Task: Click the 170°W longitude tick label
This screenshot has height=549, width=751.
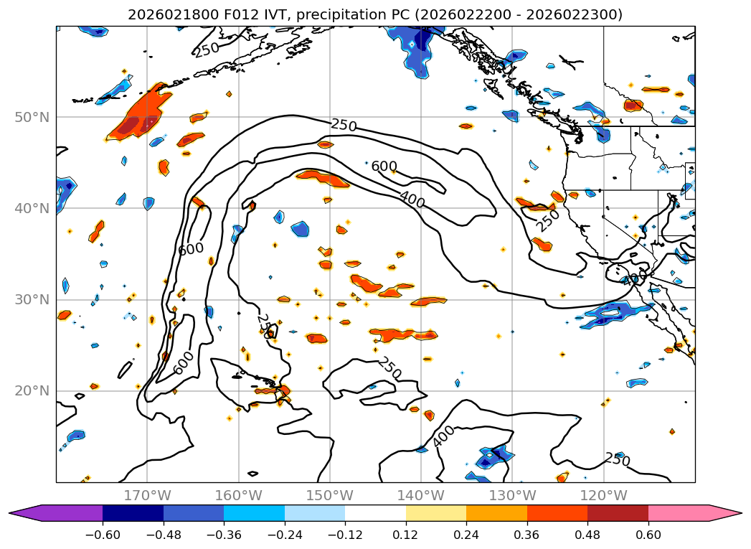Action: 147,496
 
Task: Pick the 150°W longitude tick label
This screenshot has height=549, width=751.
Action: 329,496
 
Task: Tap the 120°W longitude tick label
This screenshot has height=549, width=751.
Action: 603,496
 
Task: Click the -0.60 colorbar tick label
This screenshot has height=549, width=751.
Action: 103,534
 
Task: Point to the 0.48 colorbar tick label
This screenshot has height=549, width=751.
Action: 587,534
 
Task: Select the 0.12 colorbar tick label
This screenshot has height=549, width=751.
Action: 406,534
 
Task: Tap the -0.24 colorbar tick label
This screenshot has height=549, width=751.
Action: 285,534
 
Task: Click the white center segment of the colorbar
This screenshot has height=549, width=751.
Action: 375,512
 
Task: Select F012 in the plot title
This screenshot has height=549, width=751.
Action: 233,14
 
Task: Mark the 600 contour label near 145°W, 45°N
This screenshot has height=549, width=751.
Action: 384,166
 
